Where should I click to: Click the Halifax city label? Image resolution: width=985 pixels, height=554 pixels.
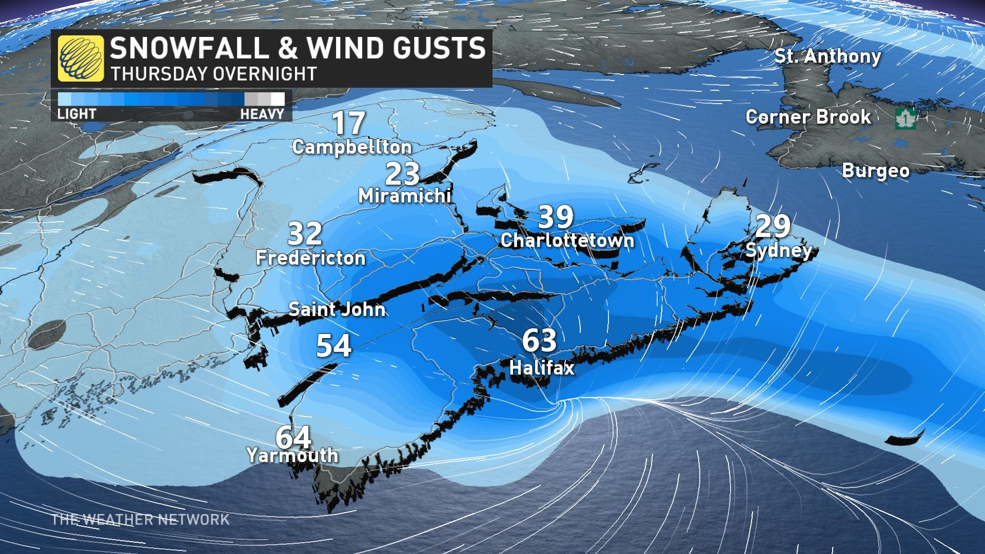tap(542, 367)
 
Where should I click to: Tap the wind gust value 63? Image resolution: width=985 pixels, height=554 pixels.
tap(539, 341)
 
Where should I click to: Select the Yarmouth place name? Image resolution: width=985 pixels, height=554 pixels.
tap(292, 455)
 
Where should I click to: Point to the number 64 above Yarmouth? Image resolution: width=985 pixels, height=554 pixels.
tap(293, 437)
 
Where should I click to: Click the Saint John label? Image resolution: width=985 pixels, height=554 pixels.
tap(337, 309)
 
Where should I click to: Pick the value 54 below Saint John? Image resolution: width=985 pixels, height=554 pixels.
tap(333, 346)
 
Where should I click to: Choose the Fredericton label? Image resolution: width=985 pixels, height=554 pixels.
tap(311, 258)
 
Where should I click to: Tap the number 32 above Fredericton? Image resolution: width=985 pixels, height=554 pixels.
tap(305, 234)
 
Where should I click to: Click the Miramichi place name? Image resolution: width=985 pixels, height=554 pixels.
tap(404, 195)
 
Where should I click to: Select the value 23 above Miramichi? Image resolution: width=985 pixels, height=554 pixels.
tap(402, 174)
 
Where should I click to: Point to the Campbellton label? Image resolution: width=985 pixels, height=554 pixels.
tap(352, 147)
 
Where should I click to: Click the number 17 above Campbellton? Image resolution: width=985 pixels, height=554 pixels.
tap(349, 123)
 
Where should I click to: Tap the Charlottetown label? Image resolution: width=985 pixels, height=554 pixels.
tap(567, 240)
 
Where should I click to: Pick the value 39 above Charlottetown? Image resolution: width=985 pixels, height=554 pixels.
tap(556, 217)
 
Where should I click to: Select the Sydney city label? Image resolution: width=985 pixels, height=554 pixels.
tap(779, 250)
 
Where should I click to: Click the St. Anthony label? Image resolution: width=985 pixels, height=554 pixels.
tap(827, 56)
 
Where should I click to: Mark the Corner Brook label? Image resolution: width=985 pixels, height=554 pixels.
tap(808, 117)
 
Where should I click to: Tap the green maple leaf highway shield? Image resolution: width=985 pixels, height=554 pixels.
tap(905, 119)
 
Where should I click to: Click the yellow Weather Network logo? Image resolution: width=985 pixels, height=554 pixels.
tap(81, 58)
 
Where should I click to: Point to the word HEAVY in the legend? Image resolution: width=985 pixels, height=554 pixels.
tap(262, 113)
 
